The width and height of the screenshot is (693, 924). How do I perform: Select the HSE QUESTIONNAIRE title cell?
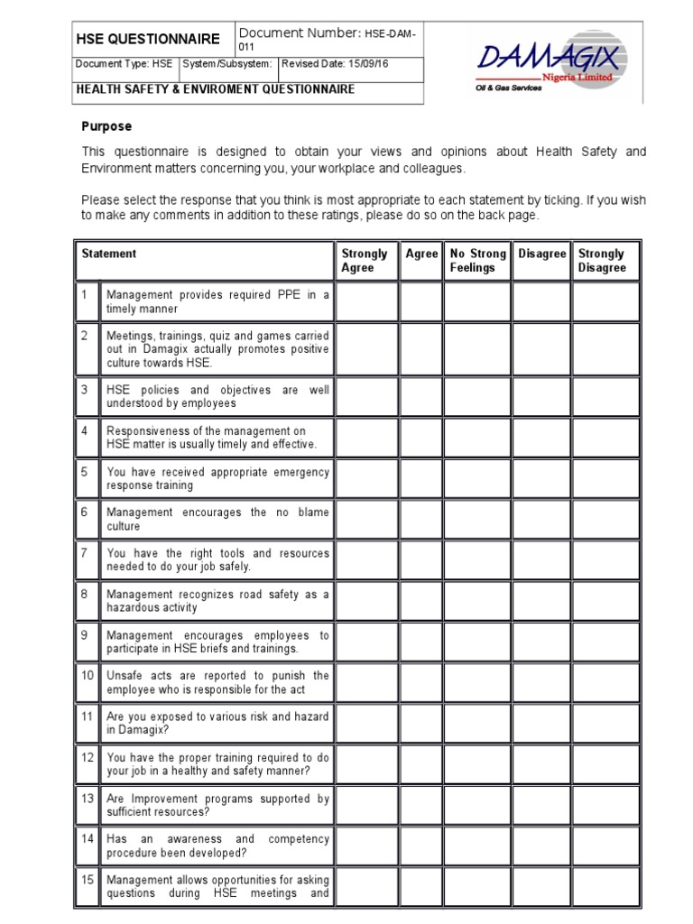[x=147, y=39]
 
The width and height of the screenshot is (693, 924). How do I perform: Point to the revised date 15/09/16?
[x=348, y=64]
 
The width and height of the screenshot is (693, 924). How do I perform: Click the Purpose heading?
[x=106, y=127]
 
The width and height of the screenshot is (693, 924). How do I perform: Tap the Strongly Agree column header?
[x=365, y=261]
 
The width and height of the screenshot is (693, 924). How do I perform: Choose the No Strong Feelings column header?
[x=477, y=261]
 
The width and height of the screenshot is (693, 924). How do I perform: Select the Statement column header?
[x=109, y=254]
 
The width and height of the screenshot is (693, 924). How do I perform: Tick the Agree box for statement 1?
[x=421, y=301]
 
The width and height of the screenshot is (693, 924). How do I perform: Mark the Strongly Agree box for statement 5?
[x=365, y=478]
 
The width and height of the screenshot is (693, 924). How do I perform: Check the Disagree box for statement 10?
[x=541, y=682]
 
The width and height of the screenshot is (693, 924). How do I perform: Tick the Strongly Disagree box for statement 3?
[x=605, y=397]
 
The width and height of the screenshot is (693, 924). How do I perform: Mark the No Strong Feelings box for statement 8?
[x=477, y=601]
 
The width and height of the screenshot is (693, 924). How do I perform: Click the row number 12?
[x=88, y=758]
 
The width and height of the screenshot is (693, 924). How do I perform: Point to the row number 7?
[x=84, y=553]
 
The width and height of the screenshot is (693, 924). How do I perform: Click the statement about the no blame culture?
[x=217, y=519]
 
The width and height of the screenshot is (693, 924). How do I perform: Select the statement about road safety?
[x=217, y=601]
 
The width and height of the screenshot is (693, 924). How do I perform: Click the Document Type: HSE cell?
[x=124, y=64]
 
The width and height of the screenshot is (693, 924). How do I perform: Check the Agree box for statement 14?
[x=421, y=845]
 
